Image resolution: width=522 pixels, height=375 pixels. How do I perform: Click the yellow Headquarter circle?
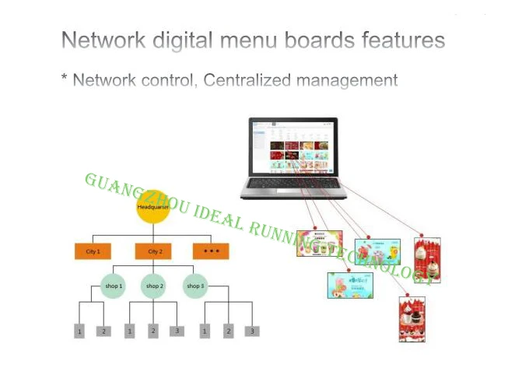(x=153, y=208)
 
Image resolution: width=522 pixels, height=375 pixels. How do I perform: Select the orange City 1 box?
(x=93, y=251)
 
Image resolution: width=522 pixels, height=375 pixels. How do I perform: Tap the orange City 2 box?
(x=153, y=251)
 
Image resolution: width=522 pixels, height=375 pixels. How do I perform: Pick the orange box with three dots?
(x=211, y=251)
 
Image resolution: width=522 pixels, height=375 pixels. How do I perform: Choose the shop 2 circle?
(x=154, y=286)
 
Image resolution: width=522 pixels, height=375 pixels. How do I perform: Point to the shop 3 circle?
(x=194, y=286)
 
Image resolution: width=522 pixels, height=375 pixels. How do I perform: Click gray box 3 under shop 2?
(x=177, y=331)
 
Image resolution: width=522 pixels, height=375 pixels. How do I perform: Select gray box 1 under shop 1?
(x=79, y=331)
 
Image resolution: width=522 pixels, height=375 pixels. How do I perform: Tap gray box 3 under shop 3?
(x=251, y=331)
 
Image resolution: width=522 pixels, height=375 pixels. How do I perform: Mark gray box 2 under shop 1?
(x=103, y=331)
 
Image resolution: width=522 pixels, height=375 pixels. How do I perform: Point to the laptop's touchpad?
(x=286, y=191)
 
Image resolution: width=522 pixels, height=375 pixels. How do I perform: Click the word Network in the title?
(x=100, y=40)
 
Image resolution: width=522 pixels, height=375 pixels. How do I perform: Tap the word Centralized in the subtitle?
(x=250, y=80)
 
